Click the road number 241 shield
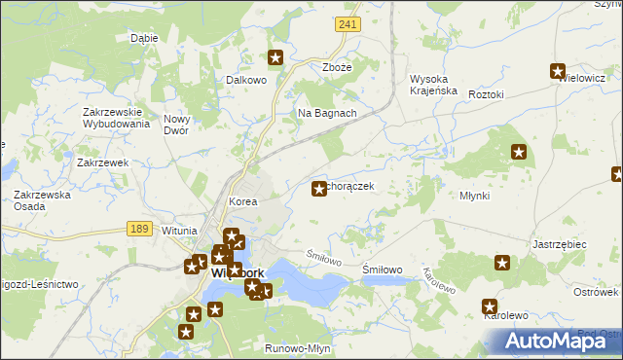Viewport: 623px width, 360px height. [345, 22]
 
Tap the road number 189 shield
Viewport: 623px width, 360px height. [138, 227]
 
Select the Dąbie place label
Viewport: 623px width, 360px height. [144, 38]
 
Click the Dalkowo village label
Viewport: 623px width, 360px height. [245, 81]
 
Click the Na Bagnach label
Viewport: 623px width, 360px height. [327, 113]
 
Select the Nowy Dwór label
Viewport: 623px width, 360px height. [182, 125]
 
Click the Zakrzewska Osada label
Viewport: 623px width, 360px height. [42, 200]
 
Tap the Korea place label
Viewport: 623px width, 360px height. [242, 201]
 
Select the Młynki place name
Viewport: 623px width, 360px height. [474, 196]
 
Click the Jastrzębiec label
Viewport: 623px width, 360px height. [559, 244]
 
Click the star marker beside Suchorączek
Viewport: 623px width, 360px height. [318, 189]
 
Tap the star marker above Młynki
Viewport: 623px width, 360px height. [519, 152]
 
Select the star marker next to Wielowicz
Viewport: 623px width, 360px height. [558, 71]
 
